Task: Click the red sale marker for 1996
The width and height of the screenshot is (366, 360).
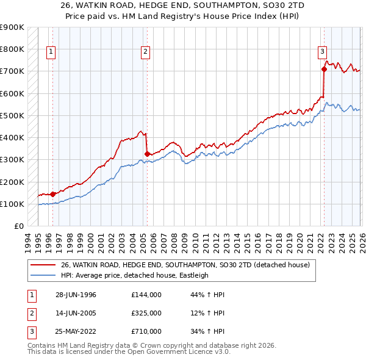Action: coord(52,194)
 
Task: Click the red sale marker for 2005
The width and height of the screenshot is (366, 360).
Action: coord(147,154)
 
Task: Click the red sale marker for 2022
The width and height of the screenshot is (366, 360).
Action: coord(324,69)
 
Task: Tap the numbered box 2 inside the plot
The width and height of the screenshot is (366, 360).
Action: coord(146,52)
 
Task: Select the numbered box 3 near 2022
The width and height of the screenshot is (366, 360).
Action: coord(322,52)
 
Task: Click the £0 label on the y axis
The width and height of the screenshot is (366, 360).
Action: coord(18,226)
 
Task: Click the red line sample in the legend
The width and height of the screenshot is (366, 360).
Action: coord(43,265)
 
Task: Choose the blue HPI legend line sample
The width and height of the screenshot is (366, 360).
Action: coord(43,275)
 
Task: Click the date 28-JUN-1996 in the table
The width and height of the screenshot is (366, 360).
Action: coord(76,295)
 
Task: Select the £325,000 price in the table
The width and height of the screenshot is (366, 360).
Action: coord(146,313)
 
